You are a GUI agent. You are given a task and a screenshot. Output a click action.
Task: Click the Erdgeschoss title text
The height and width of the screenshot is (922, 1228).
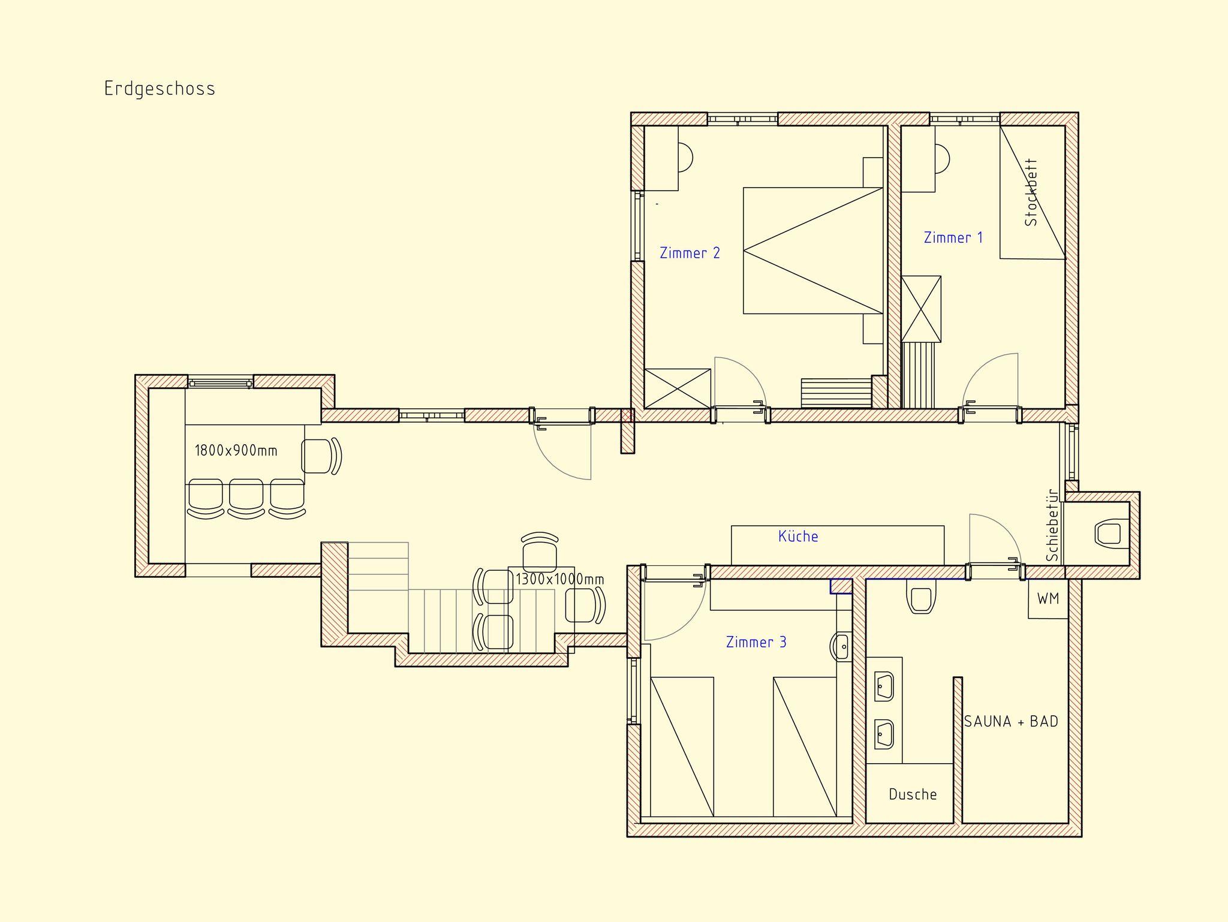click(159, 89)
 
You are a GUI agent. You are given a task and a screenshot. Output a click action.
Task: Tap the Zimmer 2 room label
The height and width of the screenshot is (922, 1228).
click(690, 253)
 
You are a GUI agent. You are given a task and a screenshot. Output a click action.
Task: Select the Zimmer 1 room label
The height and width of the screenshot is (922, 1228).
click(953, 237)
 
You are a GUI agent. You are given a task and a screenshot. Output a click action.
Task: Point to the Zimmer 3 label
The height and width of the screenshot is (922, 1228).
click(756, 642)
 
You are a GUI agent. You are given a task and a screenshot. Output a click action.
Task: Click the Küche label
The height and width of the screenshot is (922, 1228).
click(798, 536)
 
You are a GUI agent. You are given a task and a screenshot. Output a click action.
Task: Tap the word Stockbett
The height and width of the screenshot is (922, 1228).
click(1031, 192)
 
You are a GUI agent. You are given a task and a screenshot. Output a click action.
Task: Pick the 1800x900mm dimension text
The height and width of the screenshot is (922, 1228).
click(236, 450)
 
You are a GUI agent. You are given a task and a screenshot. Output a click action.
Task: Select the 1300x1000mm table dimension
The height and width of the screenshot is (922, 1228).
click(559, 579)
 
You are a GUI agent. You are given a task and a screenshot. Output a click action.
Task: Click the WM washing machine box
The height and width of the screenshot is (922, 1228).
click(1048, 598)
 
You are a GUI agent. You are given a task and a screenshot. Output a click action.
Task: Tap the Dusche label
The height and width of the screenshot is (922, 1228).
click(913, 794)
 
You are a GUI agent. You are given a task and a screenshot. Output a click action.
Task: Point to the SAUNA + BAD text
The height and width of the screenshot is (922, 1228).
click(1011, 721)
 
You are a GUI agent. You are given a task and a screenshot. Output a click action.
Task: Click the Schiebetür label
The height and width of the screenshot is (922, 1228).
click(1052, 525)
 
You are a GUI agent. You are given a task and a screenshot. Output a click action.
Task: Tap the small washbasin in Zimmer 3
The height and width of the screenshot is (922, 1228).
click(842, 646)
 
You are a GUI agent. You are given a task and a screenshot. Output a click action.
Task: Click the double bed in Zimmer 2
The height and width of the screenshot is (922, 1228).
click(813, 251)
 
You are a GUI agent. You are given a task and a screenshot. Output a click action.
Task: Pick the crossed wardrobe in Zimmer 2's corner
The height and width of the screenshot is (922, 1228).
click(678, 388)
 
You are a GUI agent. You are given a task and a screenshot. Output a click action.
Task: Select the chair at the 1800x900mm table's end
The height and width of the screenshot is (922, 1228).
click(321, 456)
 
